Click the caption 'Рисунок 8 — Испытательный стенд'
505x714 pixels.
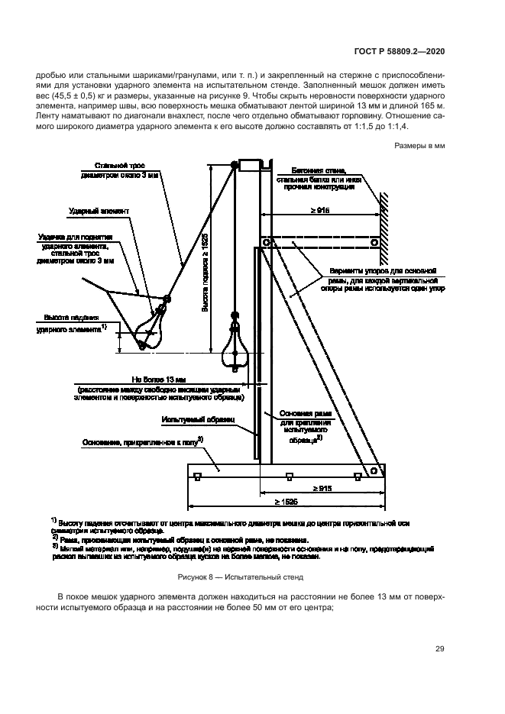[x=240, y=578]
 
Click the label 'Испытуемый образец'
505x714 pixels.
[x=191, y=419]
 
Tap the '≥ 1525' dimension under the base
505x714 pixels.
[x=290, y=502]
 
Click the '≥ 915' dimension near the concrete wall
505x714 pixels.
[x=321, y=211]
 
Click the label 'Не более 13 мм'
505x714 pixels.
[x=159, y=379]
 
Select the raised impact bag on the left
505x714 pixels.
[x=151, y=325]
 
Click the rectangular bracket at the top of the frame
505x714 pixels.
[x=251, y=163]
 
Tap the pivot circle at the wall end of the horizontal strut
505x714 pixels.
[x=374, y=243]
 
